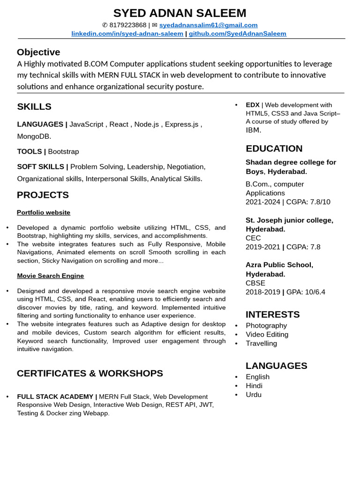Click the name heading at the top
(x=180, y=13)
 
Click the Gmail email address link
(x=208, y=25)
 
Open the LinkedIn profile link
(x=127, y=34)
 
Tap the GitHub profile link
(x=237, y=34)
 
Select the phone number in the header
(x=127, y=25)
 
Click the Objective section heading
(x=38, y=52)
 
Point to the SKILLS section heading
(x=34, y=107)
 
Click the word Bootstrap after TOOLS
(x=63, y=151)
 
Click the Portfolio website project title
(x=44, y=212)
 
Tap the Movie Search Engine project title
(x=51, y=276)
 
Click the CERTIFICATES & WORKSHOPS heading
(x=90, y=373)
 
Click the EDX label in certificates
(x=252, y=105)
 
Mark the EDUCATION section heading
(x=274, y=149)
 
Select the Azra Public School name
(x=279, y=265)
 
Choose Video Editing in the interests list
(x=267, y=334)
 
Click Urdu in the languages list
(x=254, y=395)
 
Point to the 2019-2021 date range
(x=262, y=247)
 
